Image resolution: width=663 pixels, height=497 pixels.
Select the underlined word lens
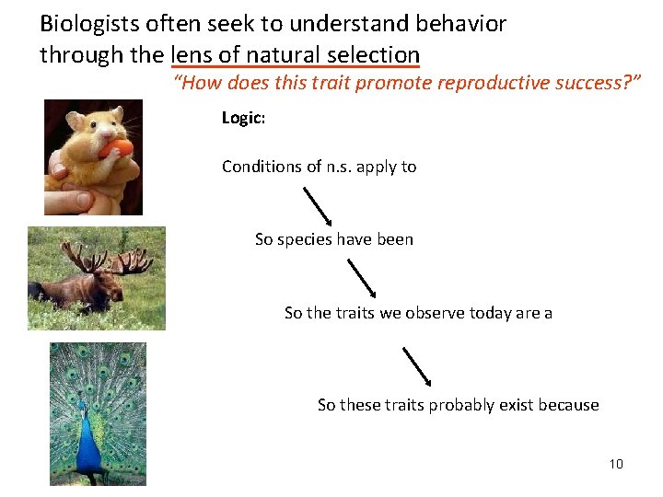pos(192,54)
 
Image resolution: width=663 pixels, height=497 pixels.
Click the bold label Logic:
pos(243,118)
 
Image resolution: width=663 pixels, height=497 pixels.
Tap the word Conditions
pos(259,167)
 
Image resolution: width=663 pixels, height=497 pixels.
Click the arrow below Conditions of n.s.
pos(318,205)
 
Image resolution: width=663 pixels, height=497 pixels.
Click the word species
pos(304,239)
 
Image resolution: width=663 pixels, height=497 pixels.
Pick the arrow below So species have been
pos(362,277)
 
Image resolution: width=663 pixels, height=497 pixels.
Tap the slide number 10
pos(616,464)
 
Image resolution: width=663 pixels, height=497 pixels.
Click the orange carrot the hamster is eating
pos(117,148)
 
